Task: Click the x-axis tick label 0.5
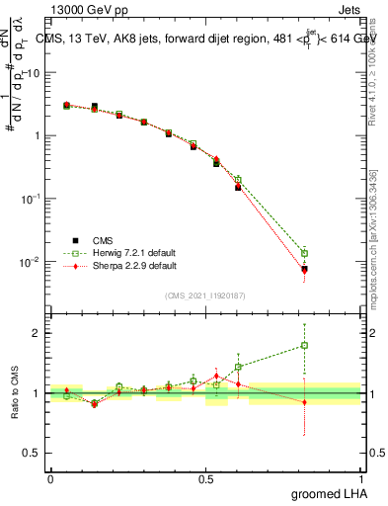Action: point(205,478)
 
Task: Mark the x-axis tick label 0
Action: point(50,478)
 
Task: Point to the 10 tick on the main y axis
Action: point(32,73)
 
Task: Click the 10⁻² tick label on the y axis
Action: point(30,262)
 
